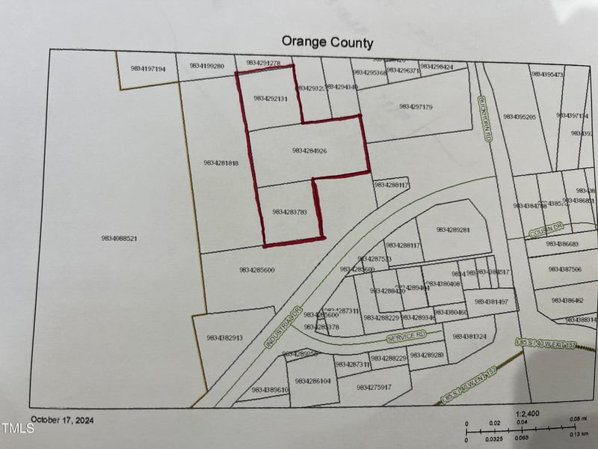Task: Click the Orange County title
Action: coord(327,42)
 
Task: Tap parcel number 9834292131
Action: coord(271,98)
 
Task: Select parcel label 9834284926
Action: coord(309,151)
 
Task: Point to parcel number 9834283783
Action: coord(290,213)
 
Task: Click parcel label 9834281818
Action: coord(221,162)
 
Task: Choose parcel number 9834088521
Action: coord(119,239)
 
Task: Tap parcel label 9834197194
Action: coord(148,69)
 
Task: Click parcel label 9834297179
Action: coord(416,107)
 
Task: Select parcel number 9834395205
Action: coord(520,117)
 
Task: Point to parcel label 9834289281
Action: coord(453,230)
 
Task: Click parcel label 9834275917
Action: coord(374,387)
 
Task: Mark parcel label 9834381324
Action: coord(469,337)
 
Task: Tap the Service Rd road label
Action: coord(406,337)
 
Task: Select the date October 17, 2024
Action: coord(62,420)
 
